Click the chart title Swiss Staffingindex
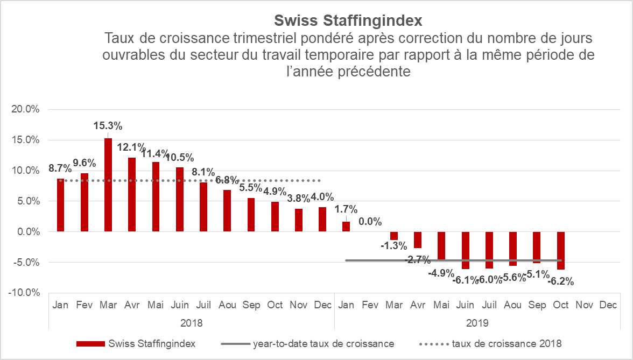tap(348, 20)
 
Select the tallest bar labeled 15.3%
tap(108, 185)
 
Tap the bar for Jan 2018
tap(60, 205)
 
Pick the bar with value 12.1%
tap(132, 194)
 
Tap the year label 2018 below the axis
tap(191, 323)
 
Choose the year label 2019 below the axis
tap(477, 323)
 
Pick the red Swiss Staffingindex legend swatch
tap(90, 343)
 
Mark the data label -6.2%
tap(561, 281)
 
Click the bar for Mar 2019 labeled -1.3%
tap(394, 236)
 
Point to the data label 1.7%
tap(346, 209)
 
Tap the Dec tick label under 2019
tap(608, 305)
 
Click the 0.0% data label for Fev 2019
tap(370, 222)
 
